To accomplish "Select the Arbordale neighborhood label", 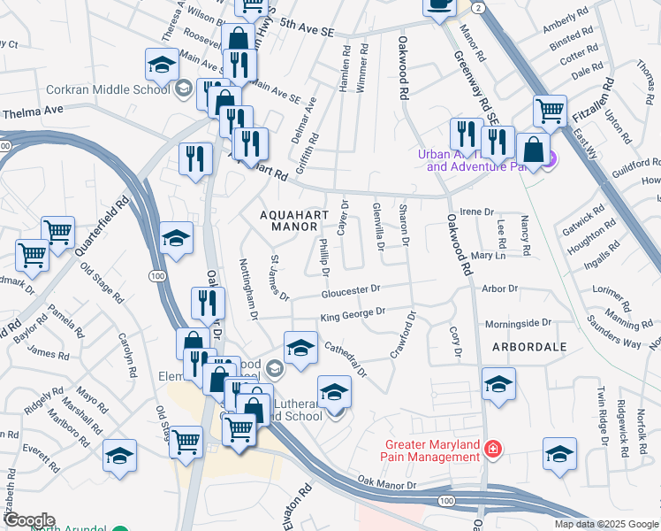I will [x=529, y=347].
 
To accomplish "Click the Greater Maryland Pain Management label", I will [x=431, y=450].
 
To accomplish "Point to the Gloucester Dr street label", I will [x=350, y=289].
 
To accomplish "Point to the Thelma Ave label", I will [x=34, y=112].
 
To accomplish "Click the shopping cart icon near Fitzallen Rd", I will [x=550, y=112].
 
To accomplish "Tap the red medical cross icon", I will [x=491, y=451].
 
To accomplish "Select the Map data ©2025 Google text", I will [x=606, y=524].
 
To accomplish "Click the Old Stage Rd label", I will [x=98, y=278].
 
